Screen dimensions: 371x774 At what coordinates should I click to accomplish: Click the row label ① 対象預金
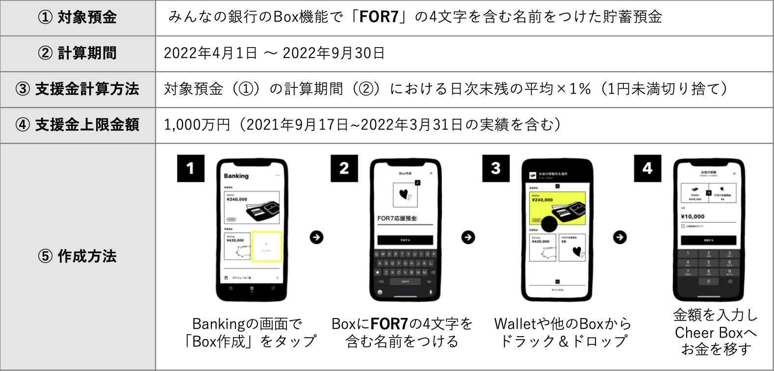tap(77, 18)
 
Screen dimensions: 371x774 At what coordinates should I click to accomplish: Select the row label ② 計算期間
tap(77, 53)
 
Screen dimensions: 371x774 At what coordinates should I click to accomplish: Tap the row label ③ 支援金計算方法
tap(77, 89)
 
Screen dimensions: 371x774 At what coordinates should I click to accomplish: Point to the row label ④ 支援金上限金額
tap(77, 125)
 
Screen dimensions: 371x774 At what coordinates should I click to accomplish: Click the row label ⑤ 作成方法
tap(77, 256)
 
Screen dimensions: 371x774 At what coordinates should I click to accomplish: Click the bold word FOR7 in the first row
tap(379, 17)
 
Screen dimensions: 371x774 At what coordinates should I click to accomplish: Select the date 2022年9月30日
tap(334, 53)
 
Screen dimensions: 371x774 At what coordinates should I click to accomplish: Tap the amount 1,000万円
tap(197, 125)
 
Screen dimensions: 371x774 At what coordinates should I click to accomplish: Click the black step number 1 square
tap(191, 168)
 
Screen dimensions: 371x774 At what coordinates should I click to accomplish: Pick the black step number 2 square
tap(344, 168)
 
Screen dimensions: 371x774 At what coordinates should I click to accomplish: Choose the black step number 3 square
tap(496, 168)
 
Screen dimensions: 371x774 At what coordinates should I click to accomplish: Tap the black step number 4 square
tap(647, 168)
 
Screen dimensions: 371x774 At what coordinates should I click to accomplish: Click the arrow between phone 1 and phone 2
tap(317, 238)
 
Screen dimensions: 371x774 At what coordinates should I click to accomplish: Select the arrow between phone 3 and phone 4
tap(620, 238)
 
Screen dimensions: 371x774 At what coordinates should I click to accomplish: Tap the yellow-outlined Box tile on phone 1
tap(266, 246)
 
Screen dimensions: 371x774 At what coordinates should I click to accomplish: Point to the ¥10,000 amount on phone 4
tap(693, 216)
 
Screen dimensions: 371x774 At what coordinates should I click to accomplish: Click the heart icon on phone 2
tap(405, 195)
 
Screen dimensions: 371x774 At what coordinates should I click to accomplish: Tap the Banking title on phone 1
tap(236, 176)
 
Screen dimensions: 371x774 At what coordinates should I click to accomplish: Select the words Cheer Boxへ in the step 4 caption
tap(716, 333)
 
